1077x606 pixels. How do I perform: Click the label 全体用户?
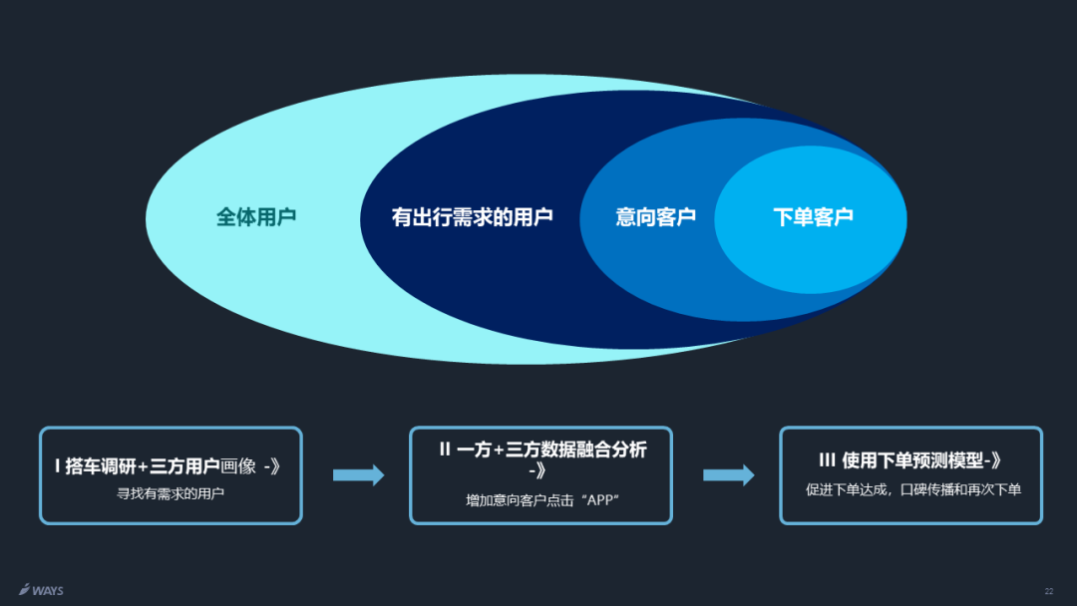click(256, 216)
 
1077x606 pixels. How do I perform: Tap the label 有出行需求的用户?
click(472, 216)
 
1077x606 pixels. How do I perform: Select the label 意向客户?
click(655, 216)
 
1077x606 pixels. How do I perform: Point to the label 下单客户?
click(813, 216)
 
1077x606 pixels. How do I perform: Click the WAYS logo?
click(41, 590)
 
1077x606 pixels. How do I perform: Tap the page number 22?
click(1048, 591)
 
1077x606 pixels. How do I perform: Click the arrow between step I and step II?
click(358, 475)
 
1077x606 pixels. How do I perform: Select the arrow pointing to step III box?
click(729, 475)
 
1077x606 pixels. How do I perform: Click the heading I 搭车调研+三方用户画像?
click(167, 465)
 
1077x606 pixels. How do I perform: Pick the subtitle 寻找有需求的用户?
click(171, 492)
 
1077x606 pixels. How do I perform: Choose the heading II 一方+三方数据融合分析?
click(541, 451)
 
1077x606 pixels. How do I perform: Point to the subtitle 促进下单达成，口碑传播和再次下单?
click(912, 489)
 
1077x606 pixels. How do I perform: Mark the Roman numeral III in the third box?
click(827, 460)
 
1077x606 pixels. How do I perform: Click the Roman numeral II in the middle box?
click(446, 451)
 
